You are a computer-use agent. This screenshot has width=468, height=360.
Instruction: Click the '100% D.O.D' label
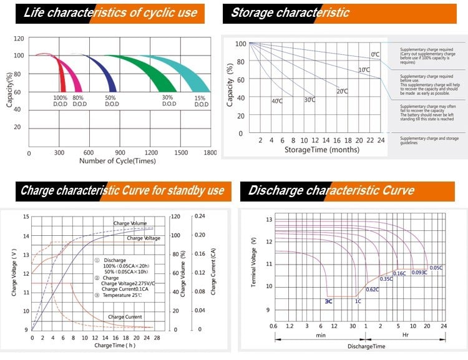60,101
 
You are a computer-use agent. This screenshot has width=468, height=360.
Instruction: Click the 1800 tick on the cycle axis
210,153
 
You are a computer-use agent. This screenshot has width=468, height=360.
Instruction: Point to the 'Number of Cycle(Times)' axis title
117,161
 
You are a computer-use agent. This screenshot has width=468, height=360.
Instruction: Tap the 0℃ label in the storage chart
375,55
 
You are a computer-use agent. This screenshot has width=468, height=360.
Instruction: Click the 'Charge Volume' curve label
130,223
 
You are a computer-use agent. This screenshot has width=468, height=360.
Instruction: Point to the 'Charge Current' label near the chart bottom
125,317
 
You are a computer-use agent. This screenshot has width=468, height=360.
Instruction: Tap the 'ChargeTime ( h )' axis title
115,345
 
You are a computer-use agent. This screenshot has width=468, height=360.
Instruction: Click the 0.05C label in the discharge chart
436,268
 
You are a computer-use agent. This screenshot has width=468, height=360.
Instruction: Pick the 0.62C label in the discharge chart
373,289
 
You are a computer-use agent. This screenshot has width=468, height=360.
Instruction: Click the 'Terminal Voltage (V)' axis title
253,262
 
